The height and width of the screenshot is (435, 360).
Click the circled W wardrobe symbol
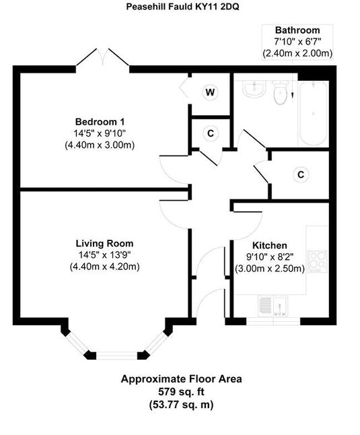click(x=211, y=92)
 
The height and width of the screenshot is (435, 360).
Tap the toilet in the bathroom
click(x=280, y=93)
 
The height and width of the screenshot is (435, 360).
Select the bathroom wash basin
click(x=254, y=89)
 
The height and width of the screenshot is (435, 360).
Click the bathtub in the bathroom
click(x=313, y=113)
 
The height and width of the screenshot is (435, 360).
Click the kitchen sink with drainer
click(x=273, y=306)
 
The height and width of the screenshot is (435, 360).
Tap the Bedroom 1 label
click(x=100, y=121)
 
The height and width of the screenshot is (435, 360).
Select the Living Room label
click(x=104, y=243)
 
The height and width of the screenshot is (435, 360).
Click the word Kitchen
click(x=270, y=245)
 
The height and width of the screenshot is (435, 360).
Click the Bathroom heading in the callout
click(x=297, y=30)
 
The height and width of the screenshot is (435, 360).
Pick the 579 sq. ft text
click(x=181, y=392)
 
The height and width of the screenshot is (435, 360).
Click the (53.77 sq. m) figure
click(x=181, y=405)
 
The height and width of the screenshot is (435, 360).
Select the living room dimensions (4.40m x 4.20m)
click(x=104, y=267)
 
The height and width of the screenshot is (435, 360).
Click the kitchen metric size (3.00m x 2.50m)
click(x=270, y=269)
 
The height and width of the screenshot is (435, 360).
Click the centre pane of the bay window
click(x=116, y=356)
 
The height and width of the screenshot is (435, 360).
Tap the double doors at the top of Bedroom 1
click(x=102, y=57)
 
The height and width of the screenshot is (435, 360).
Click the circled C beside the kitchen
click(x=301, y=174)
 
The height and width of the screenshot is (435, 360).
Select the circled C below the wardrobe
click(x=211, y=133)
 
